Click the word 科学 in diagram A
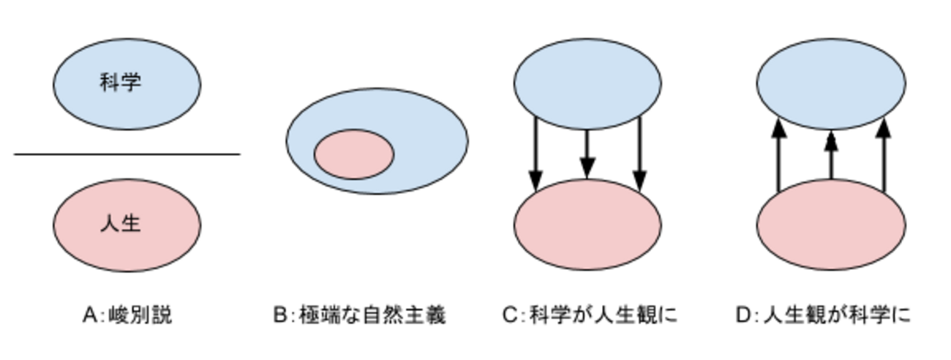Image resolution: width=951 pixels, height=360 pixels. point(120,83)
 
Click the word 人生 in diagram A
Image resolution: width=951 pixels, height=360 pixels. point(120,223)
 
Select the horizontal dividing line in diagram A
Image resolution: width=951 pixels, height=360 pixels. point(127,154)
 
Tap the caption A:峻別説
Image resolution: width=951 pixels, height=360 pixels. point(127,315)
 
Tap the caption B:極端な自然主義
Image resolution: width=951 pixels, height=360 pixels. point(359,315)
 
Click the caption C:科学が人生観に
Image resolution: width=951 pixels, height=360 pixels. point(590,315)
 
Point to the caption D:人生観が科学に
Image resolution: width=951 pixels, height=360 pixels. point(823,315)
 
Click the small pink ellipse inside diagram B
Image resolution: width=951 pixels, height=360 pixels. point(354,154)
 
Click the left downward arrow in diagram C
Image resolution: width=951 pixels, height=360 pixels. point(535,154)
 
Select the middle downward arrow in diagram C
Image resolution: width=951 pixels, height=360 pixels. point(587,154)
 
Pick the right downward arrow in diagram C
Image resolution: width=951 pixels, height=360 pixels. point(639,154)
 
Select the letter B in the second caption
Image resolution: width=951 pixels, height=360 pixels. point(280,315)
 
